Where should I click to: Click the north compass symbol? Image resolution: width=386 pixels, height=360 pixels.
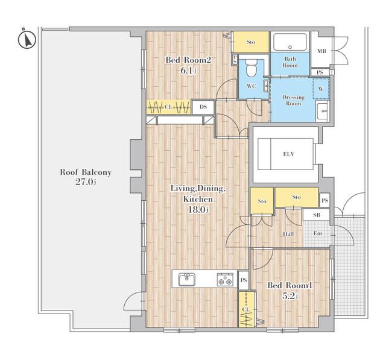pyautogui.click(x=27, y=39)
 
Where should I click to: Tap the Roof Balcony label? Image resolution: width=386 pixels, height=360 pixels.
pyautogui.click(x=86, y=172)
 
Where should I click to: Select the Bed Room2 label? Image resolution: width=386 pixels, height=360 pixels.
pyautogui.click(x=188, y=60)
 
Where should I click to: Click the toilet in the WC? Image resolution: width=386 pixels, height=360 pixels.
pyautogui.click(x=252, y=68)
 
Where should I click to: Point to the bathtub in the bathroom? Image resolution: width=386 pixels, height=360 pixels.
pyautogui.click(x=290, y=42)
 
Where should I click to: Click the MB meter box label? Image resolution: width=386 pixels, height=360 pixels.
pyautogui.click(x=321, y=51)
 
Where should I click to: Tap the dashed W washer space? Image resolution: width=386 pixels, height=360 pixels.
pyautogui.click(x=321, y=89)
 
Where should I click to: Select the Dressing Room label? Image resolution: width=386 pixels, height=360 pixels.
pyautogui.click(x=293, y=100)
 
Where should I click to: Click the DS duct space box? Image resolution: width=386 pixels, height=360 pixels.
pyautogui.click(x=203, y=107)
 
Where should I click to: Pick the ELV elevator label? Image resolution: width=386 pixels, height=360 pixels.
pyautogui.click(x=288, y=154)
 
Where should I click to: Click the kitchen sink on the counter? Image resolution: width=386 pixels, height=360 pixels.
pyautogui.click(x=187, y=279)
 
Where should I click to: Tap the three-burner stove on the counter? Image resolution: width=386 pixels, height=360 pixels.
pyautogui.click(x=225, y=280)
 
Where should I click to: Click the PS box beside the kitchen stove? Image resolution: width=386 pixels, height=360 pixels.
pyautogui.click(x=244, y=280)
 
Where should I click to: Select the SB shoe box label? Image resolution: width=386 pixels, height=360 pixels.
pyautogui.click(x=317, y=215)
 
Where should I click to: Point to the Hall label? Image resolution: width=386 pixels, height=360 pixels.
pyautogui.click(x=288, y=234)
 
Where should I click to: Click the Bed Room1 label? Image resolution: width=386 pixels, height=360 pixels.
pyautogui.click(x=289, y=285)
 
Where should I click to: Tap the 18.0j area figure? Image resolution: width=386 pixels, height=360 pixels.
pyautogui.click(x=198, y=210)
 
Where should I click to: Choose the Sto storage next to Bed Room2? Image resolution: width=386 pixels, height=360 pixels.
pyautogui.click(x=251, y=42)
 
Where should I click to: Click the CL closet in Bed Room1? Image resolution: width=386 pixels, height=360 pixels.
pyautogui.click(x=246, y=309)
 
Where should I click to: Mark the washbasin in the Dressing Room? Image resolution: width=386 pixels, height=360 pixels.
pyautogui.click(x=323, y=111)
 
